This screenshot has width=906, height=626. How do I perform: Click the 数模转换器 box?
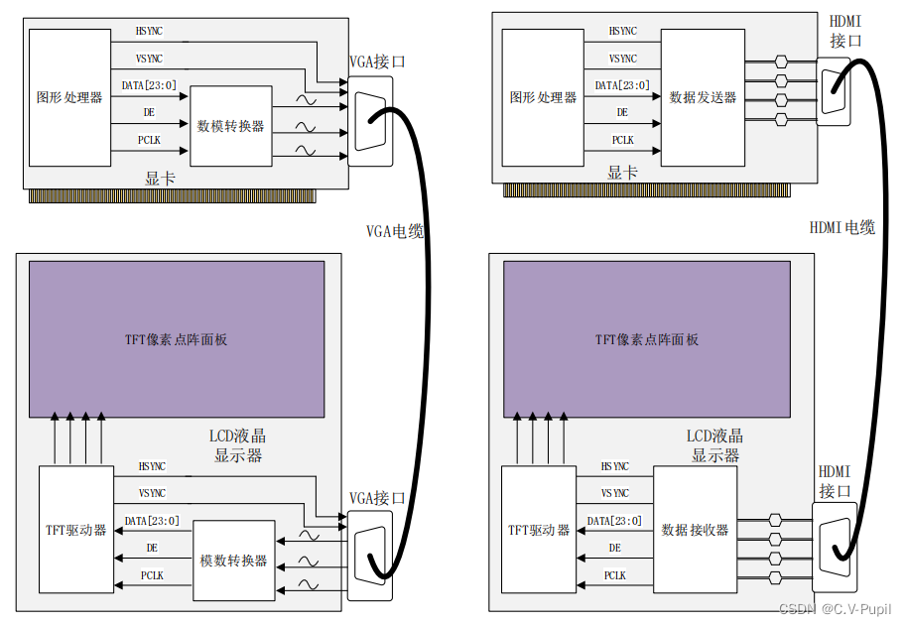click(230, 126)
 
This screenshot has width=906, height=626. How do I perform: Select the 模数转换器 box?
click(233, 560)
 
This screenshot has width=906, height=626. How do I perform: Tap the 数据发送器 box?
click(703, 97)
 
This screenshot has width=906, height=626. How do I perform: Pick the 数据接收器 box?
click(695, 530)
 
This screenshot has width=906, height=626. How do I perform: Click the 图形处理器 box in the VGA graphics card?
click(69, 97)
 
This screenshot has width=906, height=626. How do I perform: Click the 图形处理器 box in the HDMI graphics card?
click(543, 97)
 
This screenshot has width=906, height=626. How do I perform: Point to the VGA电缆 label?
click(394, 231)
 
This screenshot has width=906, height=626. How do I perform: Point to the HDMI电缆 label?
click(841, 227)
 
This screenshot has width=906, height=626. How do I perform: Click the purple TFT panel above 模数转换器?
click(176, 339)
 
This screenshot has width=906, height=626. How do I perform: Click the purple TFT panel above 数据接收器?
click(647, 339)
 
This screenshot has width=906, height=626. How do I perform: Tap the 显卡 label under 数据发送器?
click(622, 174)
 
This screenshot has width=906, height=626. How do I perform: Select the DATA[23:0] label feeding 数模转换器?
click(150, 85)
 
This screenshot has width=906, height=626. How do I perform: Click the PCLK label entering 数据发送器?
click(622, 140)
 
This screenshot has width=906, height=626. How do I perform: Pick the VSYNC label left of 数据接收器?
click(614, 493)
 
